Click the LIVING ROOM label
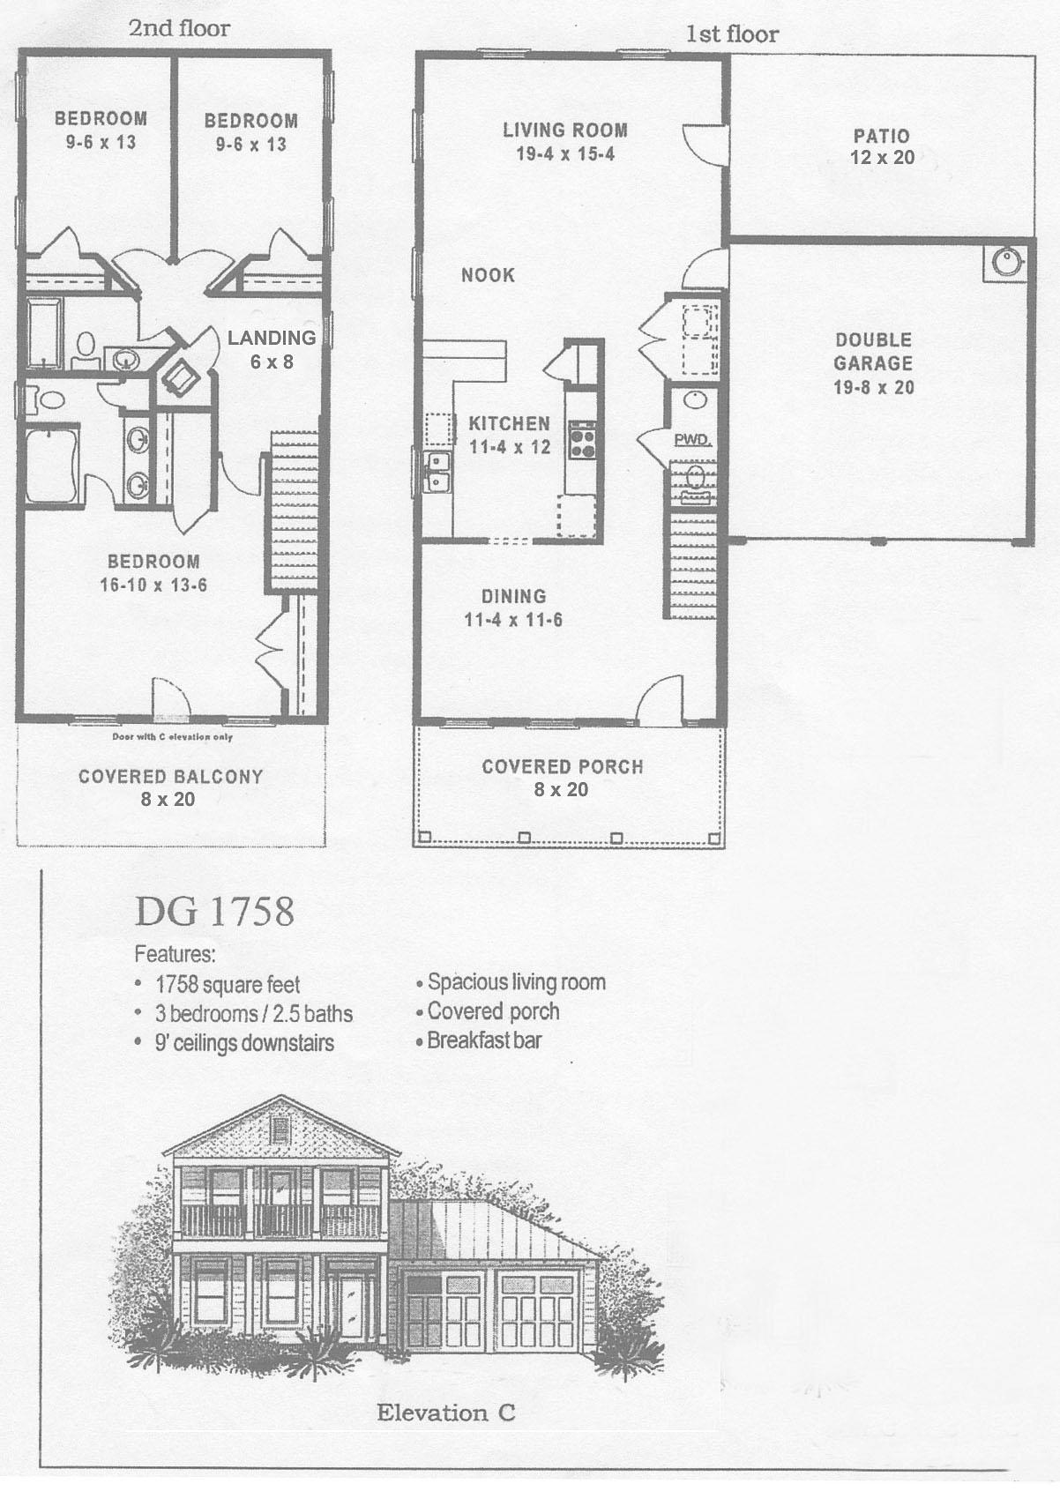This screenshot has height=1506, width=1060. click(565, 142)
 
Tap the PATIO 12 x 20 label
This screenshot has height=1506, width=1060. click(882, 147)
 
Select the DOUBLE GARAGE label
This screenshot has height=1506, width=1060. click(873, 362)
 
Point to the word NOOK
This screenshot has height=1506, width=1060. click(488, 275)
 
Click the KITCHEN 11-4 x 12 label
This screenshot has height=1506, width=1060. click(510, 435)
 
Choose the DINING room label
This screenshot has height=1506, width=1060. click(513, 608)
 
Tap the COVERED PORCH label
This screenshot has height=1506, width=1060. click(562, 778)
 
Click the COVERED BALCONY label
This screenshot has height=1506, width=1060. click(170, 787)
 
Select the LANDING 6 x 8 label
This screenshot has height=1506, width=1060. click(271, 349)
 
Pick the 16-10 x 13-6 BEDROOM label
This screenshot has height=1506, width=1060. click(153, 573)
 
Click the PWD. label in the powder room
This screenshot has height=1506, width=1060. click(692, 439)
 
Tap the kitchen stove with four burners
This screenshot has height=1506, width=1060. click(582, 441)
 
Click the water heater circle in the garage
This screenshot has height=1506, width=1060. click(1005, 261)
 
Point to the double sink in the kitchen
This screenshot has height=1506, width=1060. click(437, 472)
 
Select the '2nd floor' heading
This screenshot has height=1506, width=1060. click(179, 27)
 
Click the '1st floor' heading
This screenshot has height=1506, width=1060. click(732, 34)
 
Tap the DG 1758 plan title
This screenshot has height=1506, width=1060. click(214, 912)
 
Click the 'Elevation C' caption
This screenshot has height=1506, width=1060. click(445, 1413)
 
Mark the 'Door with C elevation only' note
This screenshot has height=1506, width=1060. click(172, 736)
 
